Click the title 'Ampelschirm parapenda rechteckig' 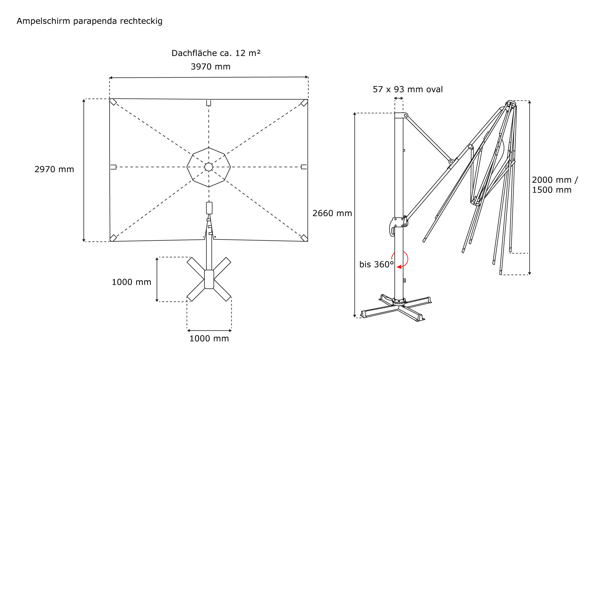(x=89, y=21)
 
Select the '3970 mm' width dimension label (x=210, y=67)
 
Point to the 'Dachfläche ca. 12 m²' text (x=216, y=53)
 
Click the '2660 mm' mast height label (x=332, y=213)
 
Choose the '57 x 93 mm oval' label (x=407, y=89)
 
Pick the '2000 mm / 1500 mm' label (x=554, y=185)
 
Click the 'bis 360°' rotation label (x=376, y=264)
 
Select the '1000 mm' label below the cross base (x=209, y=338)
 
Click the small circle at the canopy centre (x=209, y=167)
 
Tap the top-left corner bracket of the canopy (x=113, y=102)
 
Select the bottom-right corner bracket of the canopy (x=304, y=238)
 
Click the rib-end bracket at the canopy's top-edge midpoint (x=209, y=103)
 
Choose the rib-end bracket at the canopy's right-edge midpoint (x=304, y=167)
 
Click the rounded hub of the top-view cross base (x=209, y=279)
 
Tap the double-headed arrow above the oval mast (x=399, y=98)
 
